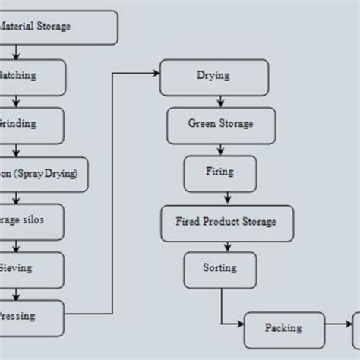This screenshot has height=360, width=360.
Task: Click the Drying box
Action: pyautogui.click(x=214, y=77)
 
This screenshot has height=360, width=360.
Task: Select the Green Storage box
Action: pyautogui.click(x=220, y=125)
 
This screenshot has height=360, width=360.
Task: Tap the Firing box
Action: pyautogui.click(x=219, y=173)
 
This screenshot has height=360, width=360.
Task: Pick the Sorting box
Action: pyautogui.click(x=219, y=269)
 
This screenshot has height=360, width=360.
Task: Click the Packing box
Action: pyautogui.click(x=283, y=329)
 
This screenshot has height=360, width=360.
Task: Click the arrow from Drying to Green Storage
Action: pyautogui.click(x=219, y=100)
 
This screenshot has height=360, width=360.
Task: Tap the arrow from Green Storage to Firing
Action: pyautogui.click(x=219, y=149)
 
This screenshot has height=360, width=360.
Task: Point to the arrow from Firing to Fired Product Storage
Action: pyautogui.click(x=219, y=197)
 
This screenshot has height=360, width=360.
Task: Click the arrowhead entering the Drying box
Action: pyautogui.click(x=156, y=73)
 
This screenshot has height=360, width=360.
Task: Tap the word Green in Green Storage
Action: pyautogui.click(x=202, y=124)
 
